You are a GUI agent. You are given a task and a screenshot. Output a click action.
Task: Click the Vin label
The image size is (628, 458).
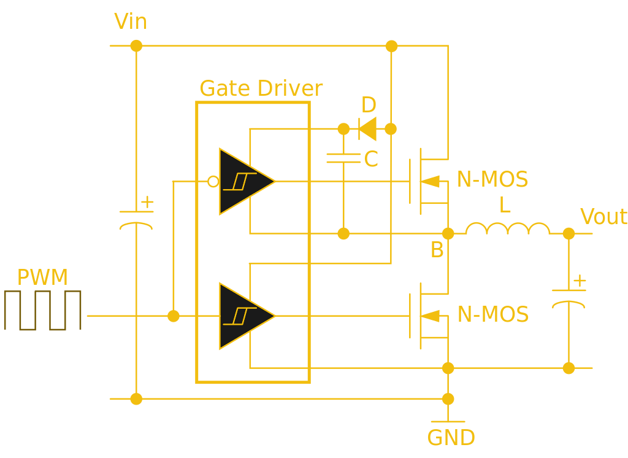point(131,22)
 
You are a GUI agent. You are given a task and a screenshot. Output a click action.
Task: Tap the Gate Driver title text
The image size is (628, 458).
point(261,88)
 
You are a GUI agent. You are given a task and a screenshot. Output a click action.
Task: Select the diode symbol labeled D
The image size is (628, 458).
point(367,129)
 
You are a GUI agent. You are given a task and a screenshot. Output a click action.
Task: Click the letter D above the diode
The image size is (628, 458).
point(368,106)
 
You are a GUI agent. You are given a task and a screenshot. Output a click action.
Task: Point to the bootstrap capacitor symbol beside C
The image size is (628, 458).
point(343,158)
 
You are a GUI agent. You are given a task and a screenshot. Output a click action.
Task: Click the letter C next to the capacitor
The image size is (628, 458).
point(371,160)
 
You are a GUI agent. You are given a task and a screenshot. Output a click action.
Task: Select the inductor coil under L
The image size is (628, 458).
point(508,229)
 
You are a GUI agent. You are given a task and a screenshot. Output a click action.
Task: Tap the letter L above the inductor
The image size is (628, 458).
point(505,205)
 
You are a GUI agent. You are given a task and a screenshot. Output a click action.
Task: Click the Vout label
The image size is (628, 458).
point(603,217)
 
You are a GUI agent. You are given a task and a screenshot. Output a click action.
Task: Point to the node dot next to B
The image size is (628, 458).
point(448,233)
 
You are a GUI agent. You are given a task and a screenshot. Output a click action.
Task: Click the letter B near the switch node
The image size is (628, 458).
point(437,250)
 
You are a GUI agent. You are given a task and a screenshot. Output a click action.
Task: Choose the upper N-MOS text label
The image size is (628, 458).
point(492,180)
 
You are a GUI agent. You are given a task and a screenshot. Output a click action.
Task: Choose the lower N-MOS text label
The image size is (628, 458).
point(492,315)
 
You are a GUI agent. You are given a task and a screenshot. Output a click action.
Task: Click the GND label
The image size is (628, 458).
point(451,438)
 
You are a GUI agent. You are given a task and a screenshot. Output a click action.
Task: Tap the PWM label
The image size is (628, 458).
point(42,278)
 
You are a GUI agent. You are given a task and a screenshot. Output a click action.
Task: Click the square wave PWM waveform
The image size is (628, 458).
point(42,310)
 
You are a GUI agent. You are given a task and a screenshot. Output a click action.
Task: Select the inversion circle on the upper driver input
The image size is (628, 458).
point(213,182)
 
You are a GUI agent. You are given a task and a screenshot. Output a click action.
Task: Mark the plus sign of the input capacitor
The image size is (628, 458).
point(147,202)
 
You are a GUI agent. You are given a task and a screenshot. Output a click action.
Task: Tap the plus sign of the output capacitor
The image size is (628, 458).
point(580,281)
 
